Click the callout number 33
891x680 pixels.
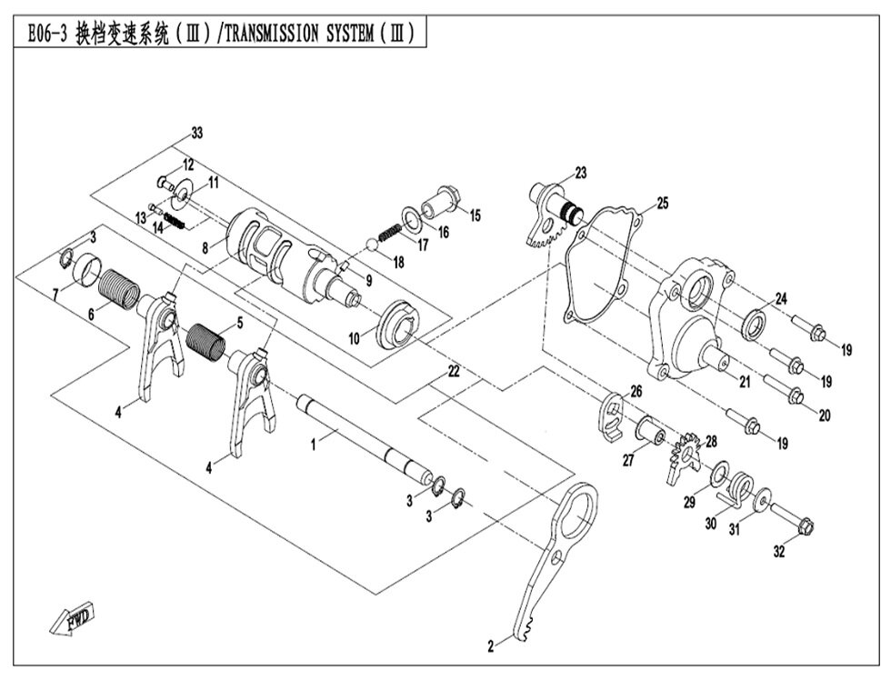tap(197, 134)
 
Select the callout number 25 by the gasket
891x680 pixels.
tap(662, 204)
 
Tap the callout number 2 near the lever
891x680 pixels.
tap(491, 647)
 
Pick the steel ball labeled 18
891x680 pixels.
tap(373, 244)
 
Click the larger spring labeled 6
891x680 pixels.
tap(118, 288)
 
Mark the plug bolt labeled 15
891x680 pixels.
tap(445, 198)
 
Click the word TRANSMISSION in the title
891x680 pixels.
tap(272, 35)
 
